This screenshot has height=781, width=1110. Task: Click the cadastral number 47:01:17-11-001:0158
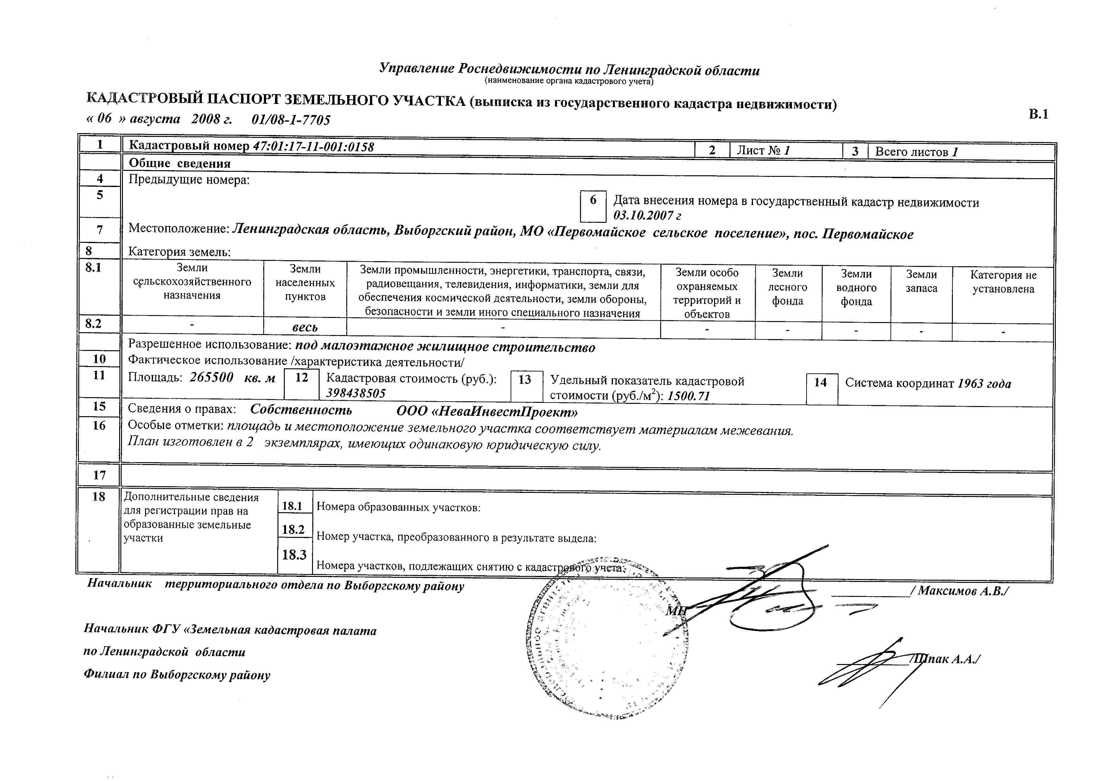click(x=313, y=146)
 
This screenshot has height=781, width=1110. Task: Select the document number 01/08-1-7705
click(x=291, y=120)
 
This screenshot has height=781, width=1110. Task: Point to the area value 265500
click(x=211, y=377)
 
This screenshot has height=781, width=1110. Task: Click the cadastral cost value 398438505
click(x=356, y=393)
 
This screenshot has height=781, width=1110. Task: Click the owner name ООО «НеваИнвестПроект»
click(x=487, y=411)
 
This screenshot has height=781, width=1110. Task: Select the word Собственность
click(x=301, y=410)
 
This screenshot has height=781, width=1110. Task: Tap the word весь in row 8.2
click(x=305, y=327)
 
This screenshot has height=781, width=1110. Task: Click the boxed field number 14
click(x=820, y=383)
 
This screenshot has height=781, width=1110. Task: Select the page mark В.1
click(x=1038, y=114)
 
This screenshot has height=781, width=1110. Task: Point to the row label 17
click(x=99, y=475)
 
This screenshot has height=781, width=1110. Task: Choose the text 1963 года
click(x=984, y=384)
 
